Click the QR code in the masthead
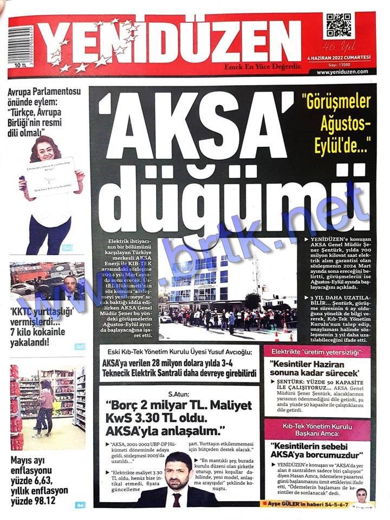338,25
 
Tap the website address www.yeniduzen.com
342,71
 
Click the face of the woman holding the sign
49,148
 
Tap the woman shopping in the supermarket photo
45,405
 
